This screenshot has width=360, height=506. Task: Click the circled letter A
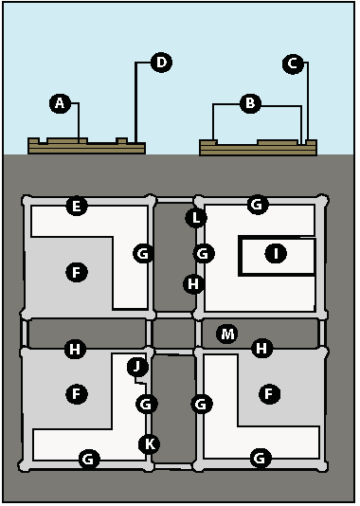click(x=60, y=103)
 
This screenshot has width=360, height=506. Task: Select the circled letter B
click(x=250, y=103)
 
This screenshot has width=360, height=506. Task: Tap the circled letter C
click(x=293, y=63)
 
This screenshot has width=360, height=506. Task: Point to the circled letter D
click(x=161, y=62)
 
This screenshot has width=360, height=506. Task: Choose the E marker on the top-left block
click(x=77, y=206)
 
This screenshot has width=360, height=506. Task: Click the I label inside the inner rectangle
click(x=276, y=253)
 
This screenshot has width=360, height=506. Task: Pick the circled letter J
click(x=137, y=367)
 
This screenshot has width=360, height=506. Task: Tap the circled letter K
click(x=149, y=444)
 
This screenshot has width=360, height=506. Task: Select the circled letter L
click(x=196, y=218)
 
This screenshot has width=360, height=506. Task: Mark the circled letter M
click(x=227, y=334)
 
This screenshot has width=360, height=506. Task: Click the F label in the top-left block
click(x=77, y=272)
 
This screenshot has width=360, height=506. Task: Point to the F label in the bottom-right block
click(x=269, y=393)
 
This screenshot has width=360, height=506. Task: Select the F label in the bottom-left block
click(x=77, y=393)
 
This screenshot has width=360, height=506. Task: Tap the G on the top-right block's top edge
click(x=258, y=204)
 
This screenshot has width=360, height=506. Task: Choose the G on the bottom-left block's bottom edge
click(x=89, y=459)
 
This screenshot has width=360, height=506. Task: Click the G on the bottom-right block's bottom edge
click(x=261, y=458)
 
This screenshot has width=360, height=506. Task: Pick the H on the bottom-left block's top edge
click(x=75, y=349)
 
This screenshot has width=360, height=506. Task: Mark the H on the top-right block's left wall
click(x=193, y=284)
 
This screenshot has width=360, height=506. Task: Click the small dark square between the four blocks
click(x=173, y=334)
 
